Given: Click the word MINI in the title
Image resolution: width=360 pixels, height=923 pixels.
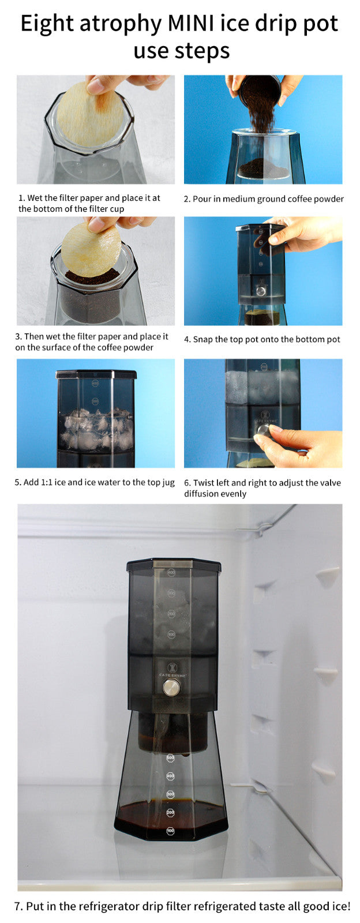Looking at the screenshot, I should (x=193, y=24).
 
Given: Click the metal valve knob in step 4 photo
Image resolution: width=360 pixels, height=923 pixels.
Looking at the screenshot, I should (x=261, y=291).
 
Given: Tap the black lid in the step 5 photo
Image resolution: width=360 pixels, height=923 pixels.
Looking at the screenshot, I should (x=96, y=374).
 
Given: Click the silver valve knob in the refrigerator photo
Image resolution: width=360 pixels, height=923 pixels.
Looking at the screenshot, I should (x=171, y=687).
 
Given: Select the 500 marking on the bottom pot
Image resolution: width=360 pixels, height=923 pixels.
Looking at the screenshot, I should (x=170, y=757).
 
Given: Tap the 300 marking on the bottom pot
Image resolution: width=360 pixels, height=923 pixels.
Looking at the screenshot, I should (x=170, y=794).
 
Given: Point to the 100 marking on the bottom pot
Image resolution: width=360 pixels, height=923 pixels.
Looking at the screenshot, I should (x=170, y=831).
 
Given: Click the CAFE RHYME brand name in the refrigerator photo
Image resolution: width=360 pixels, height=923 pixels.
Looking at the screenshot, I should (x=171, y=674).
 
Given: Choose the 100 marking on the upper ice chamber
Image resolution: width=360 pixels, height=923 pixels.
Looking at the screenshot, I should (x=171, y=635).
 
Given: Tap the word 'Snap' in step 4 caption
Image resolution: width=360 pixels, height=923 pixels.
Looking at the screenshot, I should (x=202, y=339).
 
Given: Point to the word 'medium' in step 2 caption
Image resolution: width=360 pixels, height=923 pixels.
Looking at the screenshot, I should (x=239, y=199).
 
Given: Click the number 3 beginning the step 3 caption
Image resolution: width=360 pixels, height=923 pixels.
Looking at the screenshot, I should (x=18, y=336).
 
